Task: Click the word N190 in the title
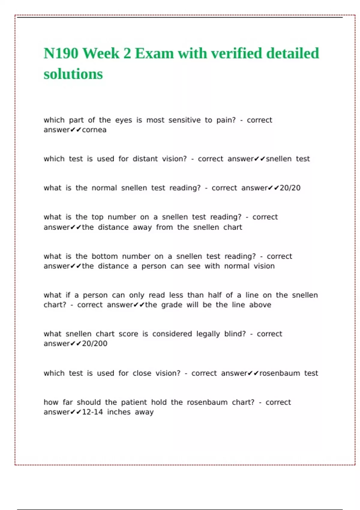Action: [x=61, y=53]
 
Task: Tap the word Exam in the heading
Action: [x=154, y=53]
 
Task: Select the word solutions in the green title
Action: [x=73, y=74]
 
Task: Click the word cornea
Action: [x=94, y=130]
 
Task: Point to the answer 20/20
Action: [x=290, y=188]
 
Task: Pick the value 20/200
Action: [x=94, y=343]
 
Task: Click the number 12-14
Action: [x=92, y=412]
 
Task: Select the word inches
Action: [x=119, y=412]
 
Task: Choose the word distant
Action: [x=145, y=159]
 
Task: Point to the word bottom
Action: [x=104, y=256]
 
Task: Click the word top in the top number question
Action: [x=97, y=217]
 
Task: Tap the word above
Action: [x=260, y=305]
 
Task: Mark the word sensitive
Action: [x=184, y=120]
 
